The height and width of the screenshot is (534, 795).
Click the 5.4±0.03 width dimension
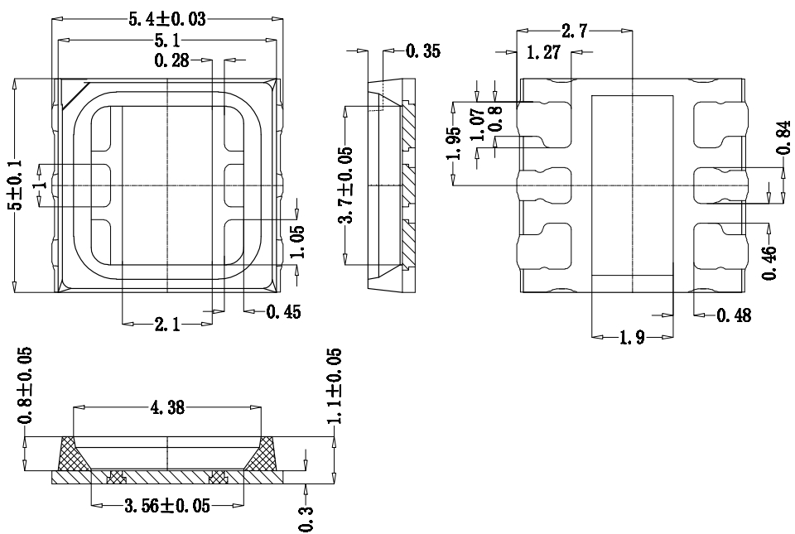[x=167, y=19]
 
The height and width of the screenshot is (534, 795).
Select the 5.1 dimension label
[x=167, y=40]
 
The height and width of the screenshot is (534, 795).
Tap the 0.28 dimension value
[x=172, y=60]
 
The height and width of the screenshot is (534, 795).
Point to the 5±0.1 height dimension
[x=17, y=185]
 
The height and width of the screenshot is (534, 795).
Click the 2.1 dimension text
[x=167, y=324]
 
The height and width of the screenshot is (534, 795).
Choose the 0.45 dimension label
[x=283, y=311]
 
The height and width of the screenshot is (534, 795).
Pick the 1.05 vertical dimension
[x=298, y=242]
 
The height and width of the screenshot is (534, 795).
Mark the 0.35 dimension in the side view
[x=423, y=51]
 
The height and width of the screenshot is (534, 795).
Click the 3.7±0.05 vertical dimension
[x=346, y=185]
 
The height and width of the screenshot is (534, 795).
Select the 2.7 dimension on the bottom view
[x=575, y=31]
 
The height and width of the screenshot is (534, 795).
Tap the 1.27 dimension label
[x=543, y=51]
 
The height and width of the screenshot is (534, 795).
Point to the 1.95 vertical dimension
[x=454, y=143]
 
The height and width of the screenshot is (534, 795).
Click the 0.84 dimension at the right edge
[x=783, y=137]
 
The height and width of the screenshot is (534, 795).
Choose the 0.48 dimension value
[x=734, y=315]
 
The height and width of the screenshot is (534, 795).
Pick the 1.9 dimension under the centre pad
[x=632, y=336]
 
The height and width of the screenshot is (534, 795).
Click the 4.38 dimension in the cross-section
[x=167, y=407]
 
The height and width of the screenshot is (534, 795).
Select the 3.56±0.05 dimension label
[x=167, y=505]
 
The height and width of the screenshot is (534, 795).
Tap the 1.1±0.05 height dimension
[x=334, y=386]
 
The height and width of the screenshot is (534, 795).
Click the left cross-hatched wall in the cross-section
[x=73, y=454]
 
